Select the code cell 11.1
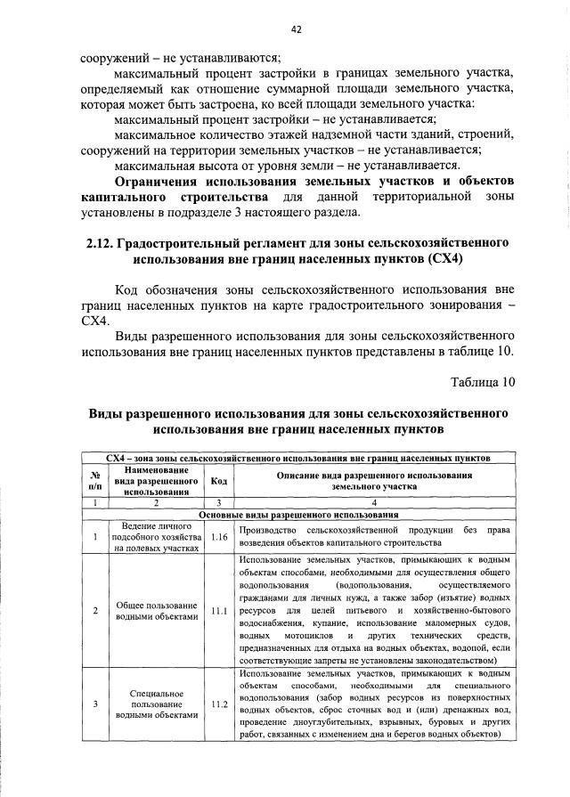click(x=219, y=611)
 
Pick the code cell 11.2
click(x=219, y=703)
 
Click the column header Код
click(x=219, y=481)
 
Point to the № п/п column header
click(x=95, y=481)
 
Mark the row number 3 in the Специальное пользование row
click(x=95, y=703)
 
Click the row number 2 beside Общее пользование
click(x=95, y=611)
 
